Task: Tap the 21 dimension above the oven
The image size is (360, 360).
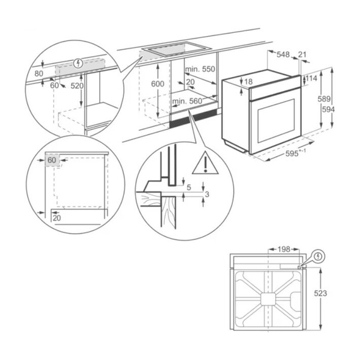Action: (x=302, y=55)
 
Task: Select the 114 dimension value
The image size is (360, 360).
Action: (x=311, y=79)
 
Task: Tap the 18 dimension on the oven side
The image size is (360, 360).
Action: (x=248, y=81)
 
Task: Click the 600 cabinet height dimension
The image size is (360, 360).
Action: (x=158, y=84)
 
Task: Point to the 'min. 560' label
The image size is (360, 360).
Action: (x=187, y=101)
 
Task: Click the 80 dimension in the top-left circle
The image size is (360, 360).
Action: (x=39, y=73)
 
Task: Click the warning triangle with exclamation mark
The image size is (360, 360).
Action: (x=204, y=164)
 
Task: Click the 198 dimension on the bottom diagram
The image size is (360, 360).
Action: (x=283, y=249)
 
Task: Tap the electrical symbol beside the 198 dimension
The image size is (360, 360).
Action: (x=318, y=257)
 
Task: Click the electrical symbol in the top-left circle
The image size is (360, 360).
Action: (x=78, y=63)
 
